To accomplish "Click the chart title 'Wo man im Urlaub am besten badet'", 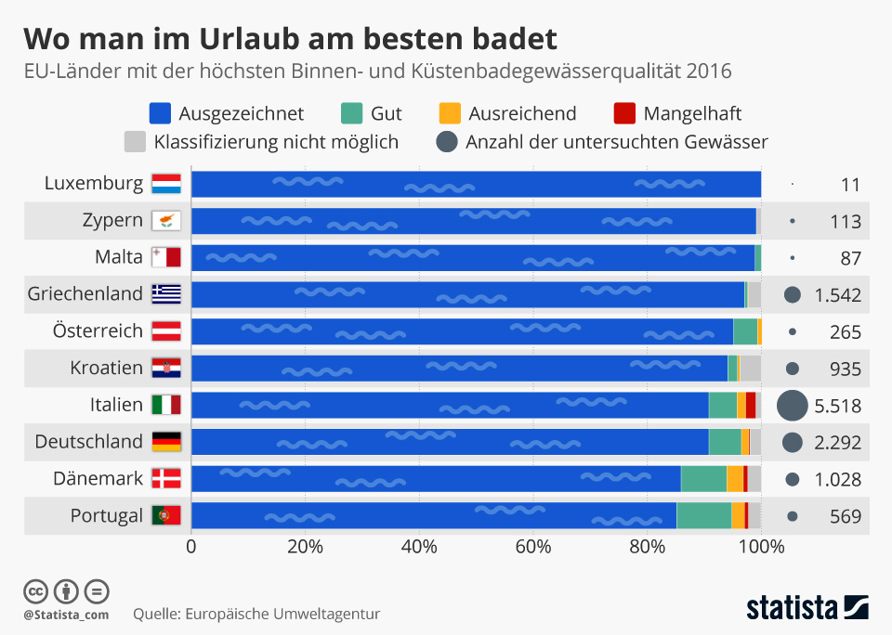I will tap(290, 38).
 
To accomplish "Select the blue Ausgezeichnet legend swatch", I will tap(161, 113).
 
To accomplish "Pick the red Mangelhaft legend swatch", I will tap(626, 113).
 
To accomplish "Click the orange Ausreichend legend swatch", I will tap(450, 113).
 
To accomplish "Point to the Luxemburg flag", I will tap(166, 184).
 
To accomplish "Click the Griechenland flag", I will tap(166, 294).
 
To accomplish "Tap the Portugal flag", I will tap(166, 515).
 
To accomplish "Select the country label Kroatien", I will tap(107, 368).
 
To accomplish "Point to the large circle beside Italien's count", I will tap(792, 406).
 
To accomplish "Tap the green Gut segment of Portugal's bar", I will tap(703, 515).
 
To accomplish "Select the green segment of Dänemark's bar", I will tap(703, 478).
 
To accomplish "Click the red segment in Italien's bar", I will tap(750, 405).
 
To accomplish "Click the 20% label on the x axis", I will tap(305, 546).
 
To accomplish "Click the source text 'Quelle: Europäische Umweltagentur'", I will tap(256, 614).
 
